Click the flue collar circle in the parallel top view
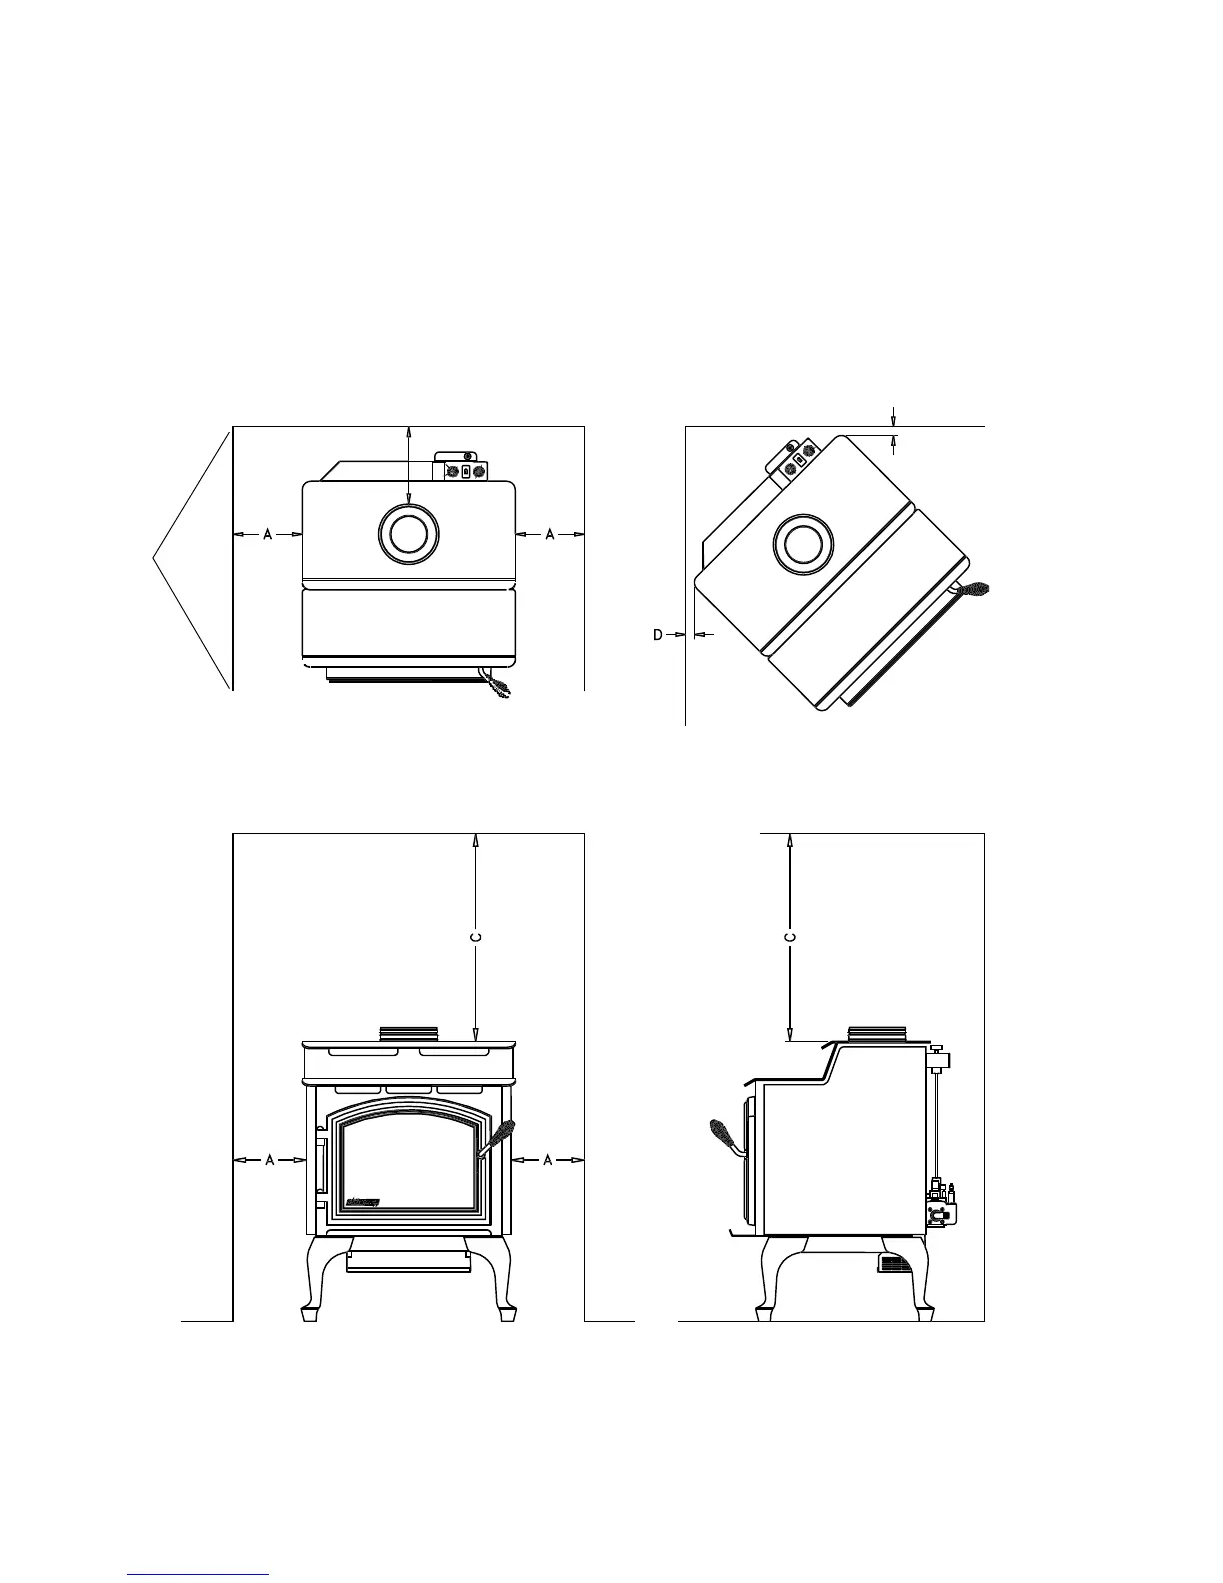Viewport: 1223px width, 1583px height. tap(407, 532)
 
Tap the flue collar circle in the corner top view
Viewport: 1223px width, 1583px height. tap(802, 545)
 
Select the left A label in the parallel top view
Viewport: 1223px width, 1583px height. tap(268, 535)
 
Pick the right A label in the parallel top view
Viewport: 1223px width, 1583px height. tap(550, 535)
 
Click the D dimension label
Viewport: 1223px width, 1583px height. tap(658, 634)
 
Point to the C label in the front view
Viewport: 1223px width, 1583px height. tap(476, 937)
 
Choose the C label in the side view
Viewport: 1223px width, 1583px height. tap(790, 937)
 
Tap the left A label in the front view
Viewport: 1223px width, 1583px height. tap(270, 1160)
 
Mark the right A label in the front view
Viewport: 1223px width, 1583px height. tap(547, 1160)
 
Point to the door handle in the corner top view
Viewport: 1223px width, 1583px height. tap(971, 589)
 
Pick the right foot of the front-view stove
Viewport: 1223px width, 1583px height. tap(507, 1309)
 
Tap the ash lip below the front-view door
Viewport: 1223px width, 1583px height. tap(407, 1262)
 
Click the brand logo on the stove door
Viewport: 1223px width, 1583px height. tap(362, 1201)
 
